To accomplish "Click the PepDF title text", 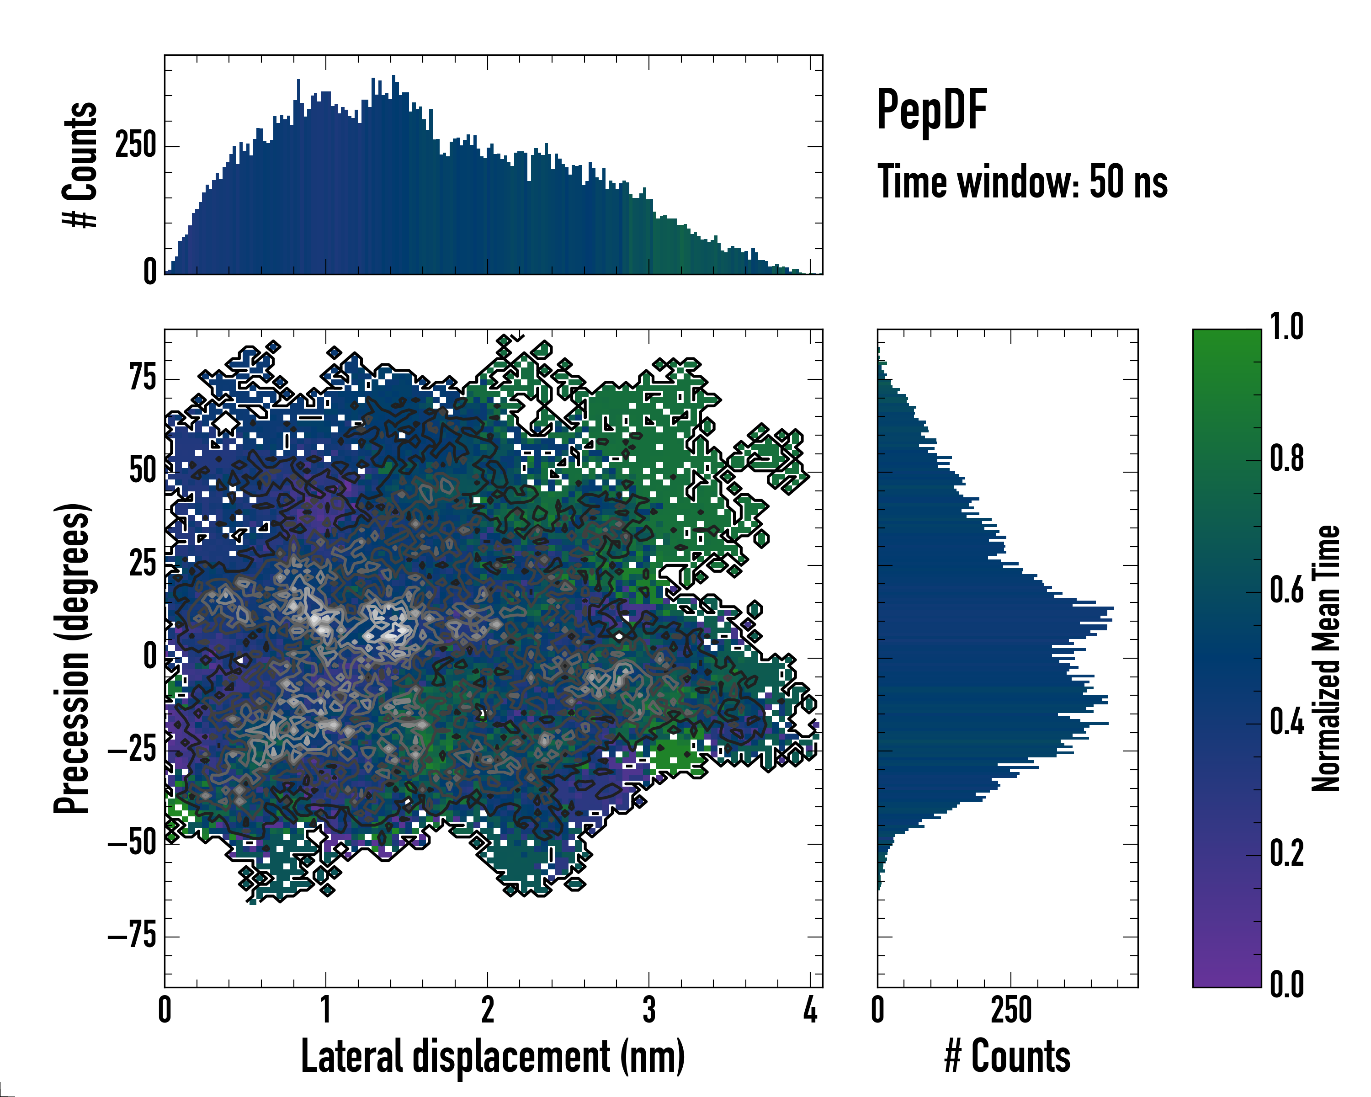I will [931, 110].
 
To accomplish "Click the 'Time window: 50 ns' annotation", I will [1022, 182].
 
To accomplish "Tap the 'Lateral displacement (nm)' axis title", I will [493, 1057].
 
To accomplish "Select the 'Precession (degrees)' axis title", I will [72, 658].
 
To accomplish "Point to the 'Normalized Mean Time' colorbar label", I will [1326, 658].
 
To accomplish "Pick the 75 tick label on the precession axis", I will [143, 378].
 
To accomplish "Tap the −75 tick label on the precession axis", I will [132, 937].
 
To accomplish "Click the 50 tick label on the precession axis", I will [143, 471].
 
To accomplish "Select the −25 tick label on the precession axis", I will [132, 751].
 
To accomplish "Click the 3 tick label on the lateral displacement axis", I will [648, 1010].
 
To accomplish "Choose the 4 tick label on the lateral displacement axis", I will [810, 1010].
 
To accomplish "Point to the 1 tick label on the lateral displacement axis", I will [325, 1010].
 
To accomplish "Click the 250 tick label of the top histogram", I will [135, 146].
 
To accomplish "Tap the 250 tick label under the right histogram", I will [1011, 1010].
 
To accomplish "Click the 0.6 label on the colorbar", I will [1286, 590].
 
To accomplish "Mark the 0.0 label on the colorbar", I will [1286, 985].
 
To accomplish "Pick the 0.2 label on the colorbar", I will [1286, 853].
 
